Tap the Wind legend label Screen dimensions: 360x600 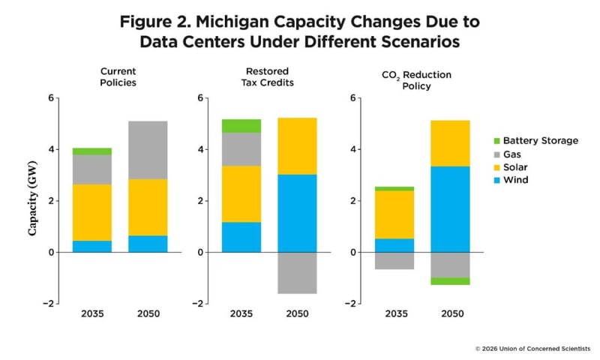(515, 180)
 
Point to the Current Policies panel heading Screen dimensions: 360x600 (118, 76)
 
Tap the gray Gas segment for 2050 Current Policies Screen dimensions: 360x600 (148, 150)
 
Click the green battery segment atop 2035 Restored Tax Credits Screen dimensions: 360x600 (241, 126)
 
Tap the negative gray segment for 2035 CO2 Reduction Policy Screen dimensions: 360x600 (393, 260)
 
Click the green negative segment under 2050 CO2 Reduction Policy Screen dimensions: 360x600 (449, 281)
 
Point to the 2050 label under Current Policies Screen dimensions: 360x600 (148, 313)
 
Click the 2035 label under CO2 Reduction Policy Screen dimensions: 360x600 (393, 313)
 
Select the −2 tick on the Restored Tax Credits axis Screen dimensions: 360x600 (202, 304)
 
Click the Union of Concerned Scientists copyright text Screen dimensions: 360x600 (532, 349)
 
